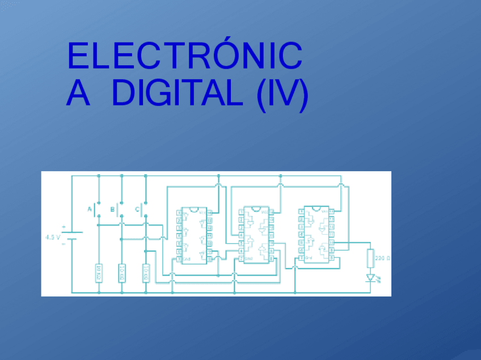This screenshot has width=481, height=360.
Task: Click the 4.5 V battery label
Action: point(53,237)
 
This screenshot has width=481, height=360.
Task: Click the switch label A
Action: point(89,210)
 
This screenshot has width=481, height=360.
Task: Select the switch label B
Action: point(112,210)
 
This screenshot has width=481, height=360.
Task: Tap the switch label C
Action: point(137,210)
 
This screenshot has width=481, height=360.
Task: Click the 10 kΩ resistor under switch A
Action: point(98,273)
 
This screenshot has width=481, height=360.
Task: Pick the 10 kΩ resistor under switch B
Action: point(121,273)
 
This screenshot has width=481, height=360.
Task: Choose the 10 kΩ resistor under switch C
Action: point(145,273)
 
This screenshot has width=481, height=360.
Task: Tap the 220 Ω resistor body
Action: point(370,258)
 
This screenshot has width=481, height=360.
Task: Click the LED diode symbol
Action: point(371,278)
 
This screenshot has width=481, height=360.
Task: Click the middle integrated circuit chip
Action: point(256,234)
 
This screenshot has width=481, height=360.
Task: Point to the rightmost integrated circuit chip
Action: point(317,234)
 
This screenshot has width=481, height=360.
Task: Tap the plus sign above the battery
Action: point(64,226)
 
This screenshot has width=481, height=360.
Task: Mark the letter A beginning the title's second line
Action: point(78,94)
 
